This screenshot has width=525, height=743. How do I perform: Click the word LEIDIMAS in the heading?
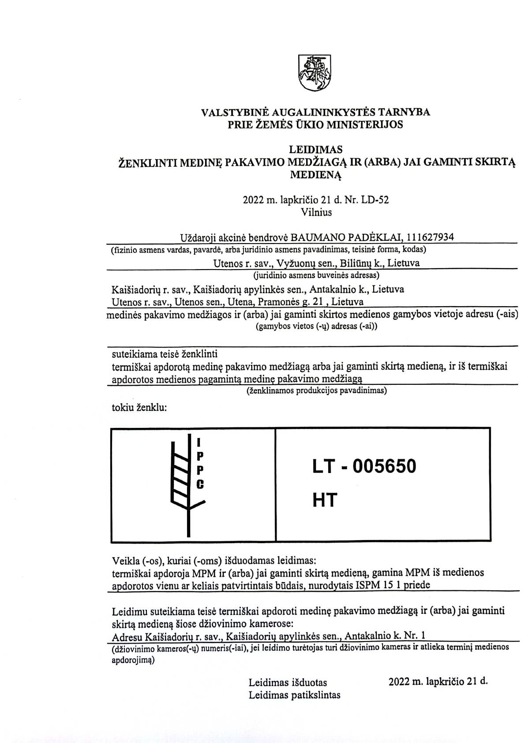pyautogui.click(x=315, y=150)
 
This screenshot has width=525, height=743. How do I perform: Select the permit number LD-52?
pyautogui.click(x=375, y=200)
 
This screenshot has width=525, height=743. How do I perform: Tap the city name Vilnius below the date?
pyautogui.click(x=316, y=212)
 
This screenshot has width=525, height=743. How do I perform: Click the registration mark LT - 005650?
pyautogui.click(x=364, y=466)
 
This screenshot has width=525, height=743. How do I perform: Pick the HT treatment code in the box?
pyautogui.click(x=325, y=500)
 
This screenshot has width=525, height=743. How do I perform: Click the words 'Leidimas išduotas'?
pyautogui.click(x=288, y=682)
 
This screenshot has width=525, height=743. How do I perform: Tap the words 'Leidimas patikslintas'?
pyautogui.click(x=294, y=695)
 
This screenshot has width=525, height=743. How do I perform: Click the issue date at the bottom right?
pyautogui.click(x=438, y=681)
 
